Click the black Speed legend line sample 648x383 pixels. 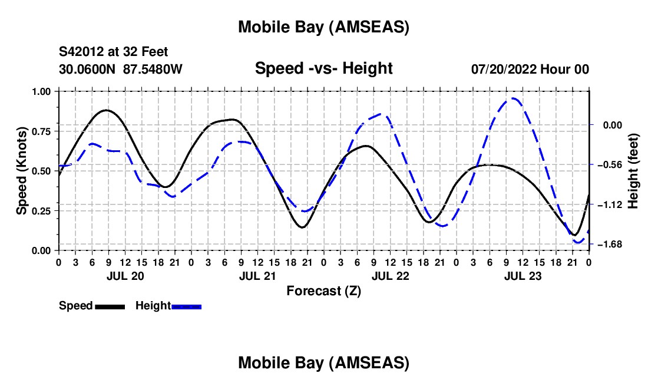pos(109,306)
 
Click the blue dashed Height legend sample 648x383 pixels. pos(187,306)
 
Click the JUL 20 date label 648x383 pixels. pos(124,276)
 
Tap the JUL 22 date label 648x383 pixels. pos(390,276)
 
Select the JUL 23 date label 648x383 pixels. pos(523,276)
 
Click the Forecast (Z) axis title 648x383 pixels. pos(323,290)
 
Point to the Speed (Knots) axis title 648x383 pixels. pos(22,171)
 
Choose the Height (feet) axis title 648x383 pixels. pos(633,171)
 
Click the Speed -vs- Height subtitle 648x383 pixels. pos(323,68)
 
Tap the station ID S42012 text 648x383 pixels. pos(81,52)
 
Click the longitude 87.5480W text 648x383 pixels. pos(153,69)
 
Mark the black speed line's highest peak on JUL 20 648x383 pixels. pos(106,110)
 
